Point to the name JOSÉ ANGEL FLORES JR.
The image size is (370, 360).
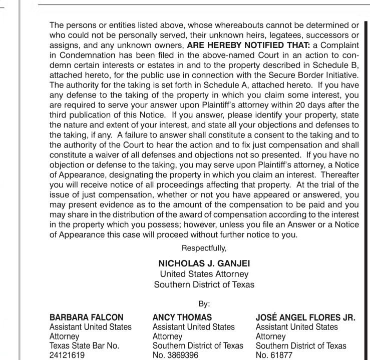[305, 317]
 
